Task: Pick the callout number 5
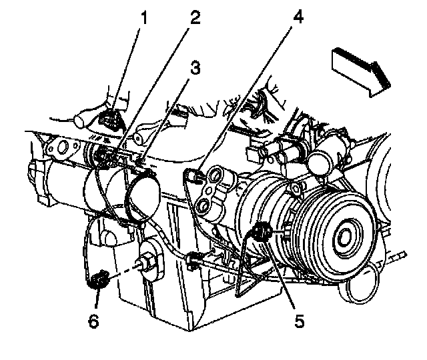click(300, 321)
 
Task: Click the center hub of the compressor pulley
click(347, 235)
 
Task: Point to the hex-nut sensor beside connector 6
click(148, 264)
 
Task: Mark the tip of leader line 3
click(142, 161)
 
